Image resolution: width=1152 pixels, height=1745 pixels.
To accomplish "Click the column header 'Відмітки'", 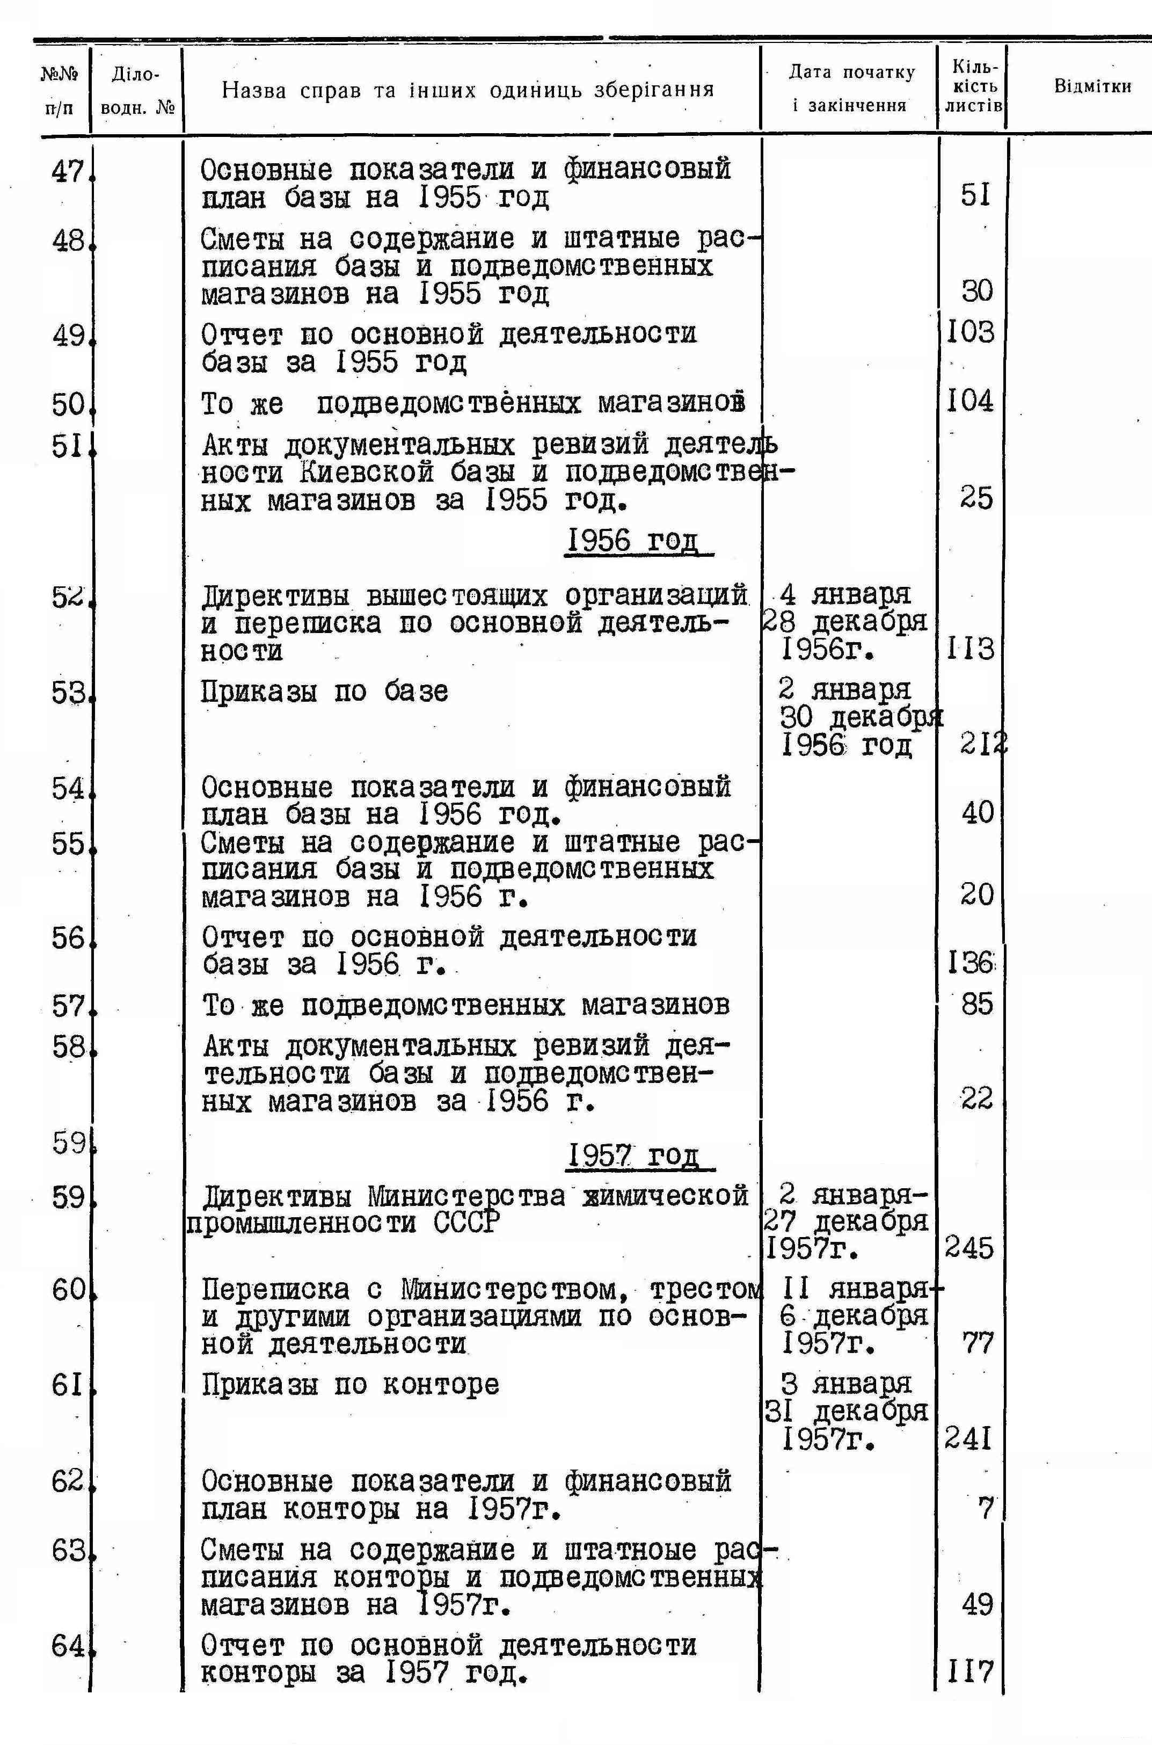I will click(x=1092, y=86).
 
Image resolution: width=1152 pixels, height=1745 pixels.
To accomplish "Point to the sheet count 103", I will click(x=970, y=332).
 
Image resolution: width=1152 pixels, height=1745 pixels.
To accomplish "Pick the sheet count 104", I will click(x=970, y=401).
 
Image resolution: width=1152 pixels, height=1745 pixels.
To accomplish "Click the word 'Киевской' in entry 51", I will click(x=367, y=472).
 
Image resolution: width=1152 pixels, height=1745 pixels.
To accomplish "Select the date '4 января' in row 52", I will click(x=845, y=594).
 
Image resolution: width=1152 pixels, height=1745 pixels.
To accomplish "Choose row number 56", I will click(x=68, y=938).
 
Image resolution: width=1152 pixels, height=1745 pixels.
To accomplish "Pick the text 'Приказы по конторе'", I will click(x=351, y=1385).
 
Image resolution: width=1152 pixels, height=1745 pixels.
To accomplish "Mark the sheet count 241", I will click(x=968, y=1440).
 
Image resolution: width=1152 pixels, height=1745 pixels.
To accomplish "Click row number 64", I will click(x=68, y=1646).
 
